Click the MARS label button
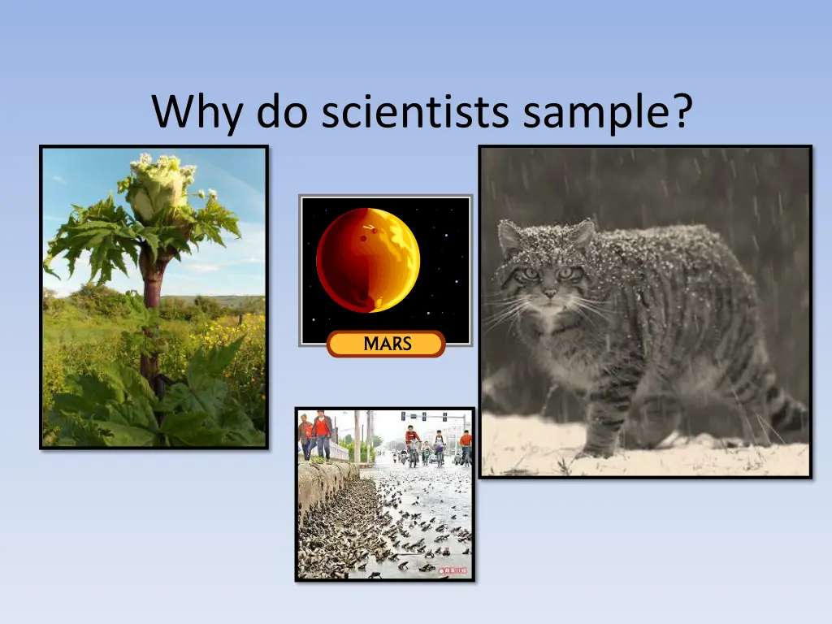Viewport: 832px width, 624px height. (x=386, y=344)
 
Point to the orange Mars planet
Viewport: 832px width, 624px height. (x=368, y=260)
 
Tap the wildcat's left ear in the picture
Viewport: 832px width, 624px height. (x=510, y=236)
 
